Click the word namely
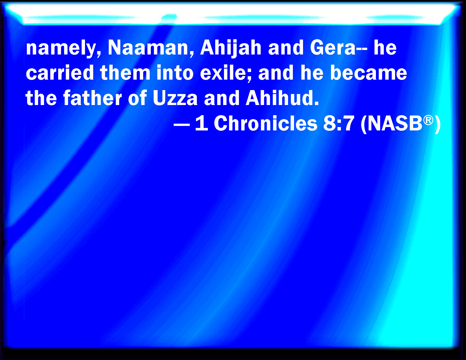click(x=64, y=49)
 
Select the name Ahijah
click(x=231, y=49)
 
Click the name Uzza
click(x=175, y=98)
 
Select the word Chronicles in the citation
click(x=265, y=123)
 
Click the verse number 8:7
click(x=339, y=123)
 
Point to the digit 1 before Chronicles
click(x=202, y=123)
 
